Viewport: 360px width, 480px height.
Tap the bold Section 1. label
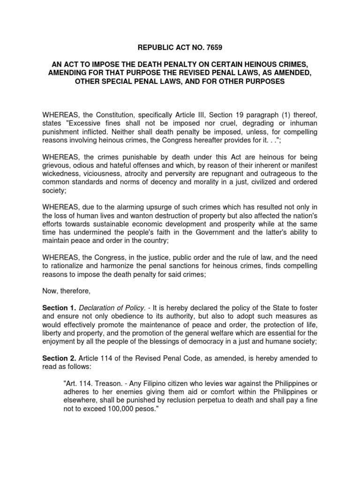pyautogui.click(x=59, y=307)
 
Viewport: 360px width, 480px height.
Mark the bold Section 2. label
pyautogui.click(x=59, y=358)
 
